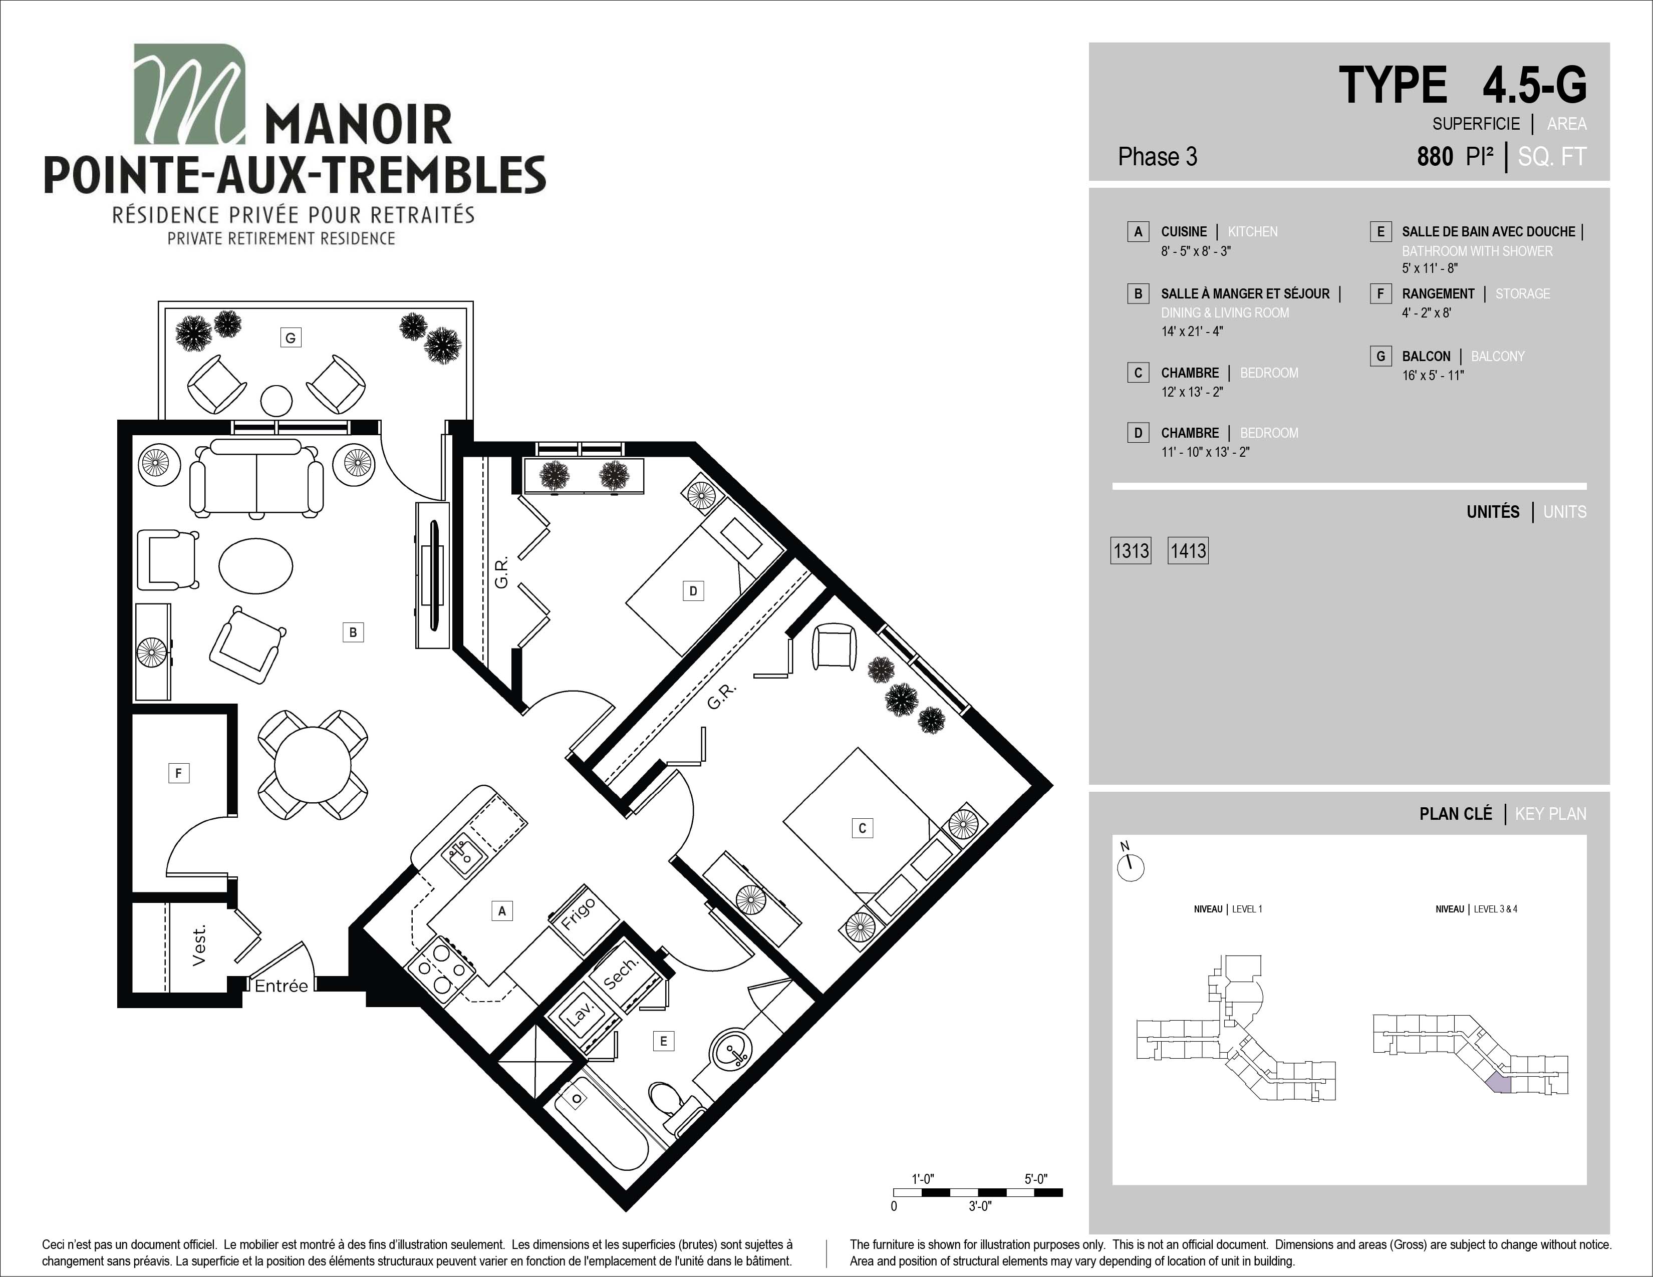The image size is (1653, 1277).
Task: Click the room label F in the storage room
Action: click(x=179, y=772)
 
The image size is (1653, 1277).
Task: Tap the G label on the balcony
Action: click(x=291, y=338)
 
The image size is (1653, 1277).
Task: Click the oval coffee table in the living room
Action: click(x=256, y=566)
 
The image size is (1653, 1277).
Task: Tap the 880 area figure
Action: click(x=1435, y=157)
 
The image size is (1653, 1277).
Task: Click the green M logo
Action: click(x=189, y=94)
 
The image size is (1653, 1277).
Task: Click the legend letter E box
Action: click(x=1381, y=231)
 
